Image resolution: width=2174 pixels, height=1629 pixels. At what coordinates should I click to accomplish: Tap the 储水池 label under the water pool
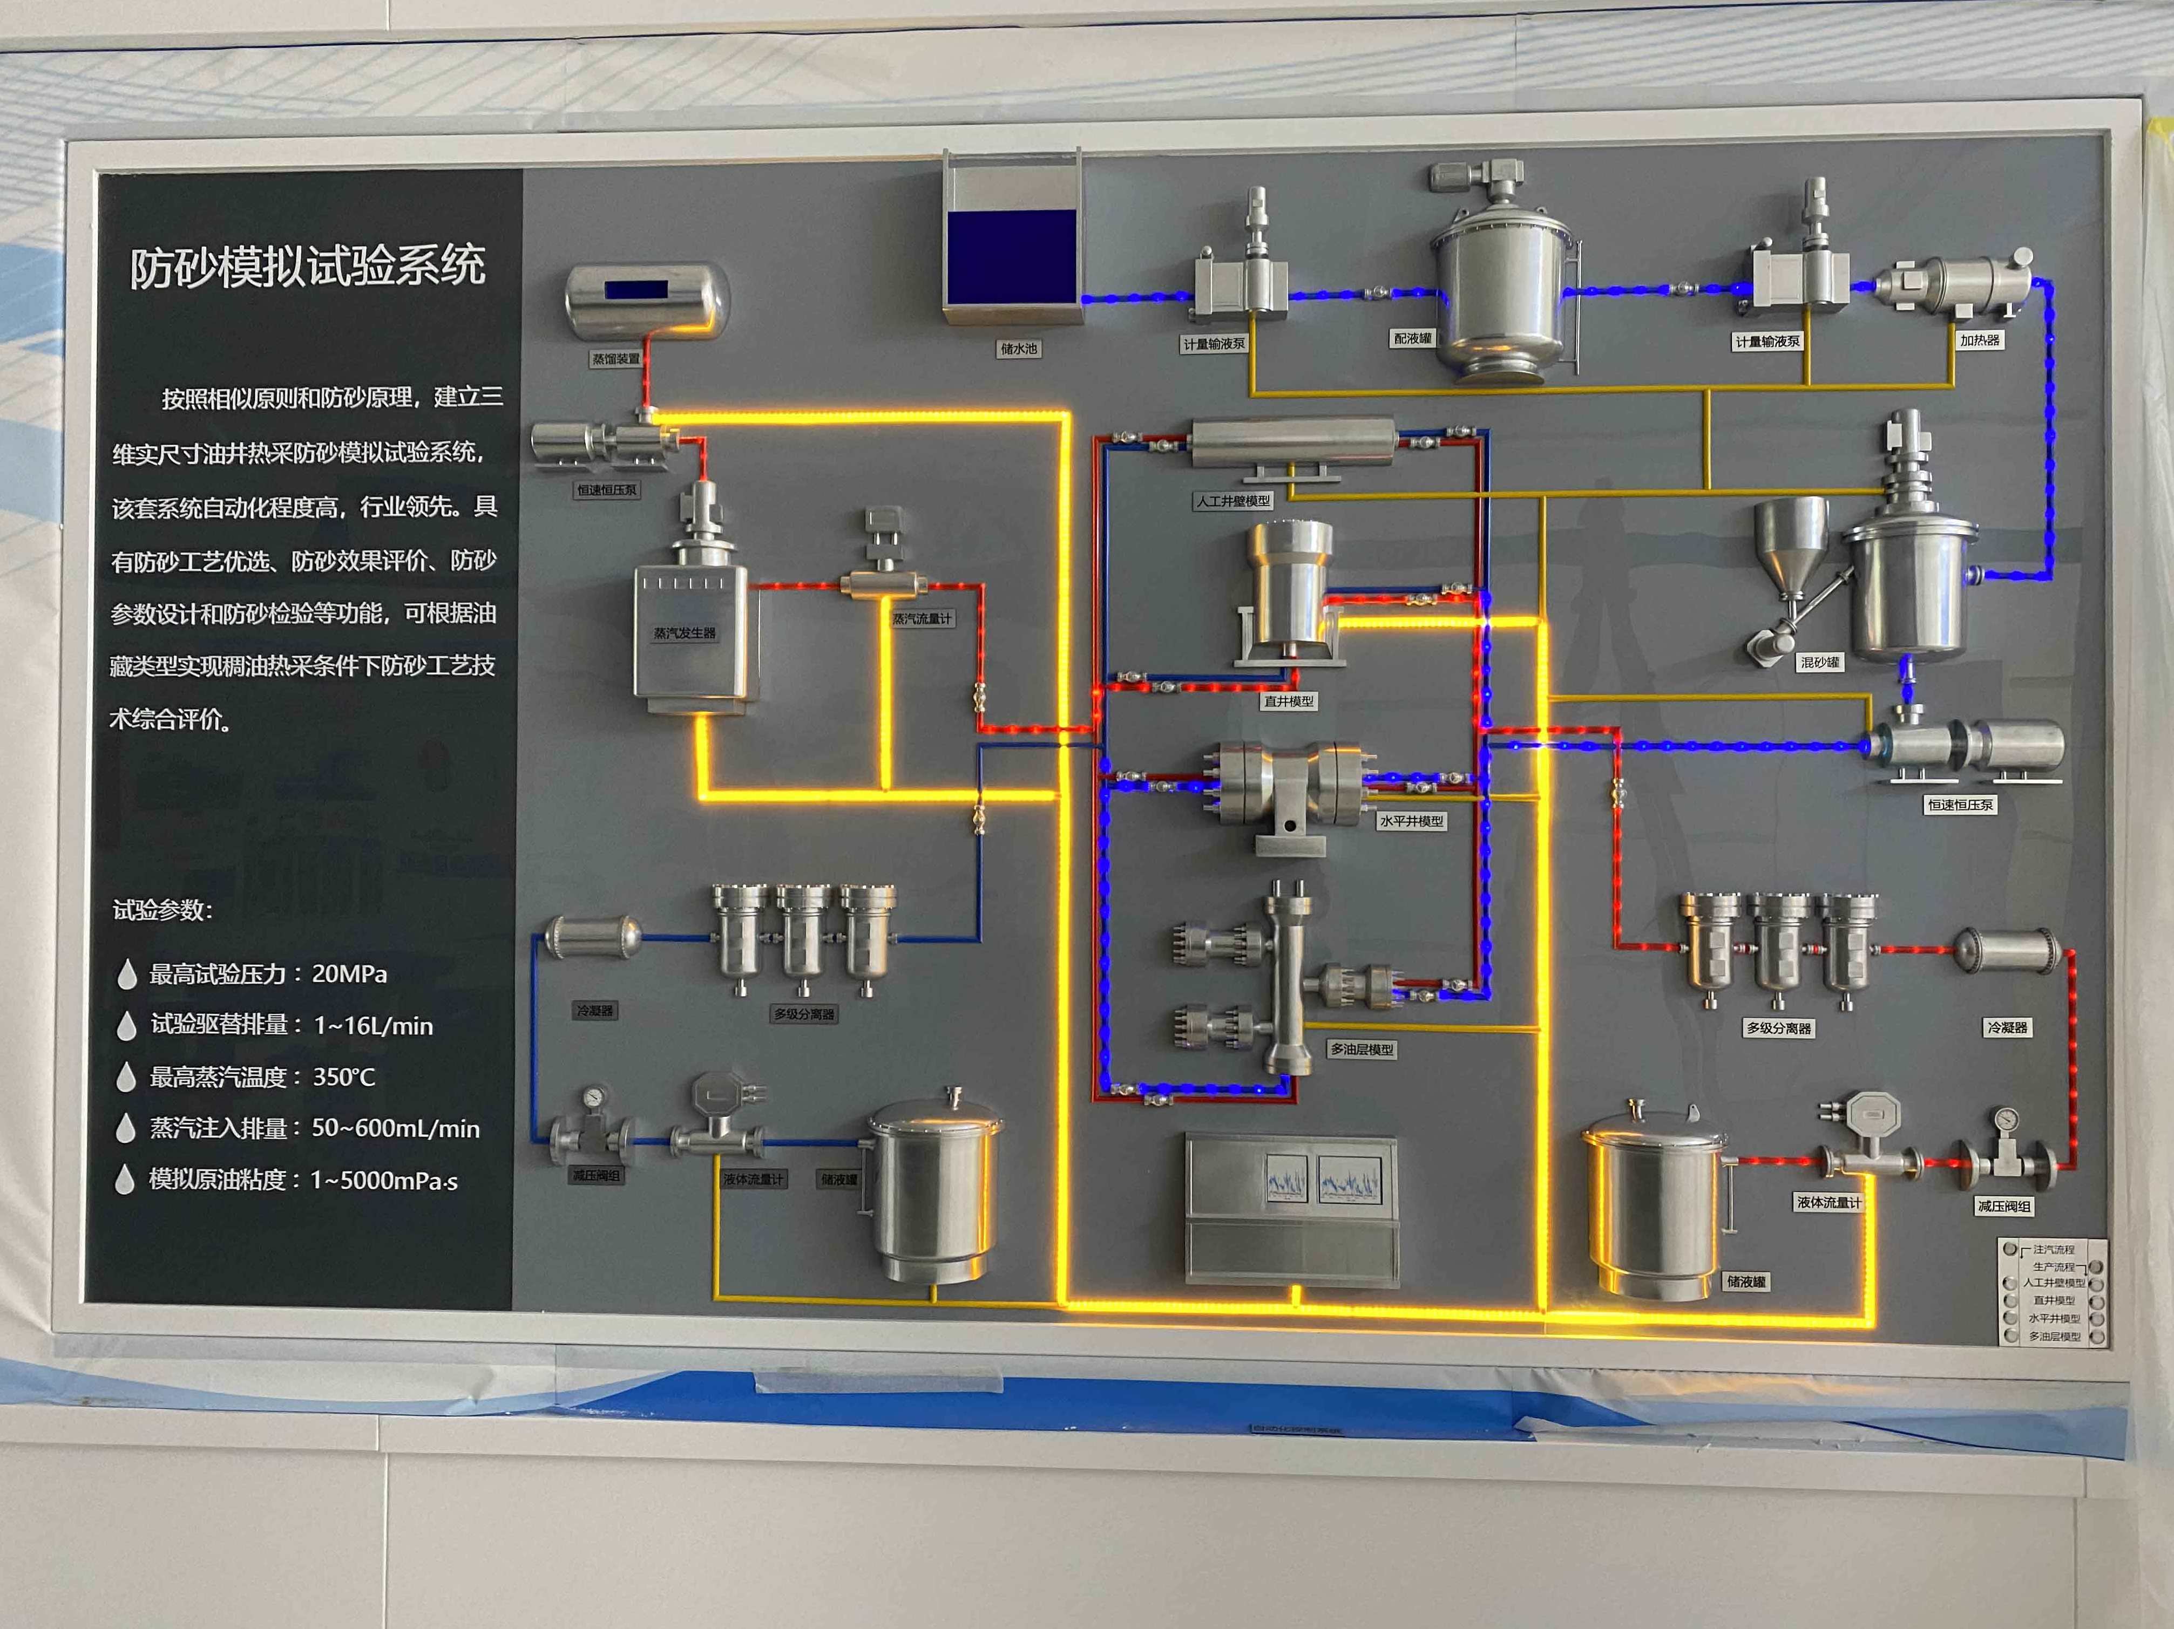(1018, 349)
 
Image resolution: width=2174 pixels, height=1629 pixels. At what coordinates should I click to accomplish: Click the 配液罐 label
(1412, 338)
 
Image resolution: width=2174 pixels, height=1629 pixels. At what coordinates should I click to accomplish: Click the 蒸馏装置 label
(615, 359)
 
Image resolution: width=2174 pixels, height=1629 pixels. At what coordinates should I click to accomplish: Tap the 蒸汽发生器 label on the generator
(685, 633)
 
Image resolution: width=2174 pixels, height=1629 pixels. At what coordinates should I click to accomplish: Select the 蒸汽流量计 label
(922, 618)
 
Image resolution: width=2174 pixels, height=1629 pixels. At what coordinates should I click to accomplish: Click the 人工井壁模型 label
(1232, 501)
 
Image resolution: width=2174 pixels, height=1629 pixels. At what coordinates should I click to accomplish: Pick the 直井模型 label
(1289, 701)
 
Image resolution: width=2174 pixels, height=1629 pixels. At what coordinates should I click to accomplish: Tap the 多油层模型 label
(1361, 1049)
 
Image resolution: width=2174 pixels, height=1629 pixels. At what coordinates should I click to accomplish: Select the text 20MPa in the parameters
(349, 973)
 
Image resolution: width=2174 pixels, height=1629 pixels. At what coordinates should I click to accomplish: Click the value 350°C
(344, 1077)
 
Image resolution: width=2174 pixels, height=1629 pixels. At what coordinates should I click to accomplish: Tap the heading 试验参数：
(162, 910)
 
